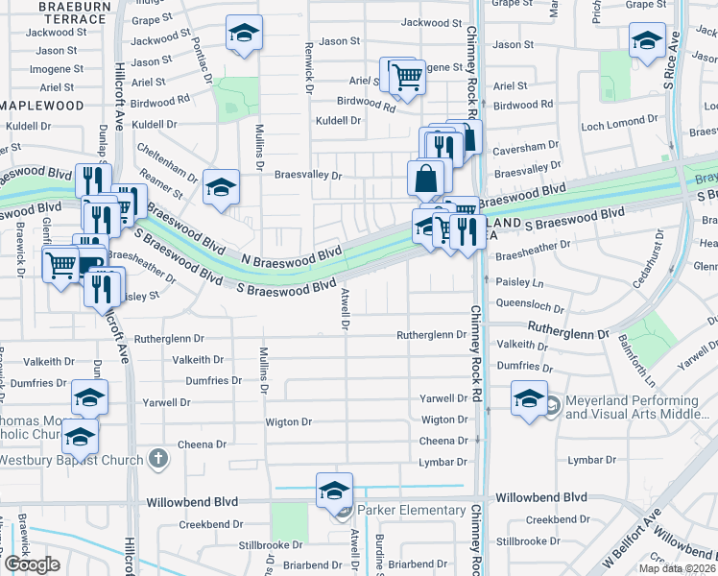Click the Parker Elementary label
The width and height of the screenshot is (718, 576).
[410, 511]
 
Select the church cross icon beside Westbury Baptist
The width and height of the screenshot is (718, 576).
[158, 459]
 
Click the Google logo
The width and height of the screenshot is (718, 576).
[31, 564]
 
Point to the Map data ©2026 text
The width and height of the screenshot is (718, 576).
[677, 567]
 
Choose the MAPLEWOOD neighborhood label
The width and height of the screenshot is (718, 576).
[44, 103]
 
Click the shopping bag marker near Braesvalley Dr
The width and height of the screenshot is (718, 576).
[425, 180]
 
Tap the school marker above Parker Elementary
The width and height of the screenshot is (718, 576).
[333, 492]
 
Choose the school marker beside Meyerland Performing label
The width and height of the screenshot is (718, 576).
[528, 401]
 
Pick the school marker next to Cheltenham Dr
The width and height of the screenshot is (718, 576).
[221, 188]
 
